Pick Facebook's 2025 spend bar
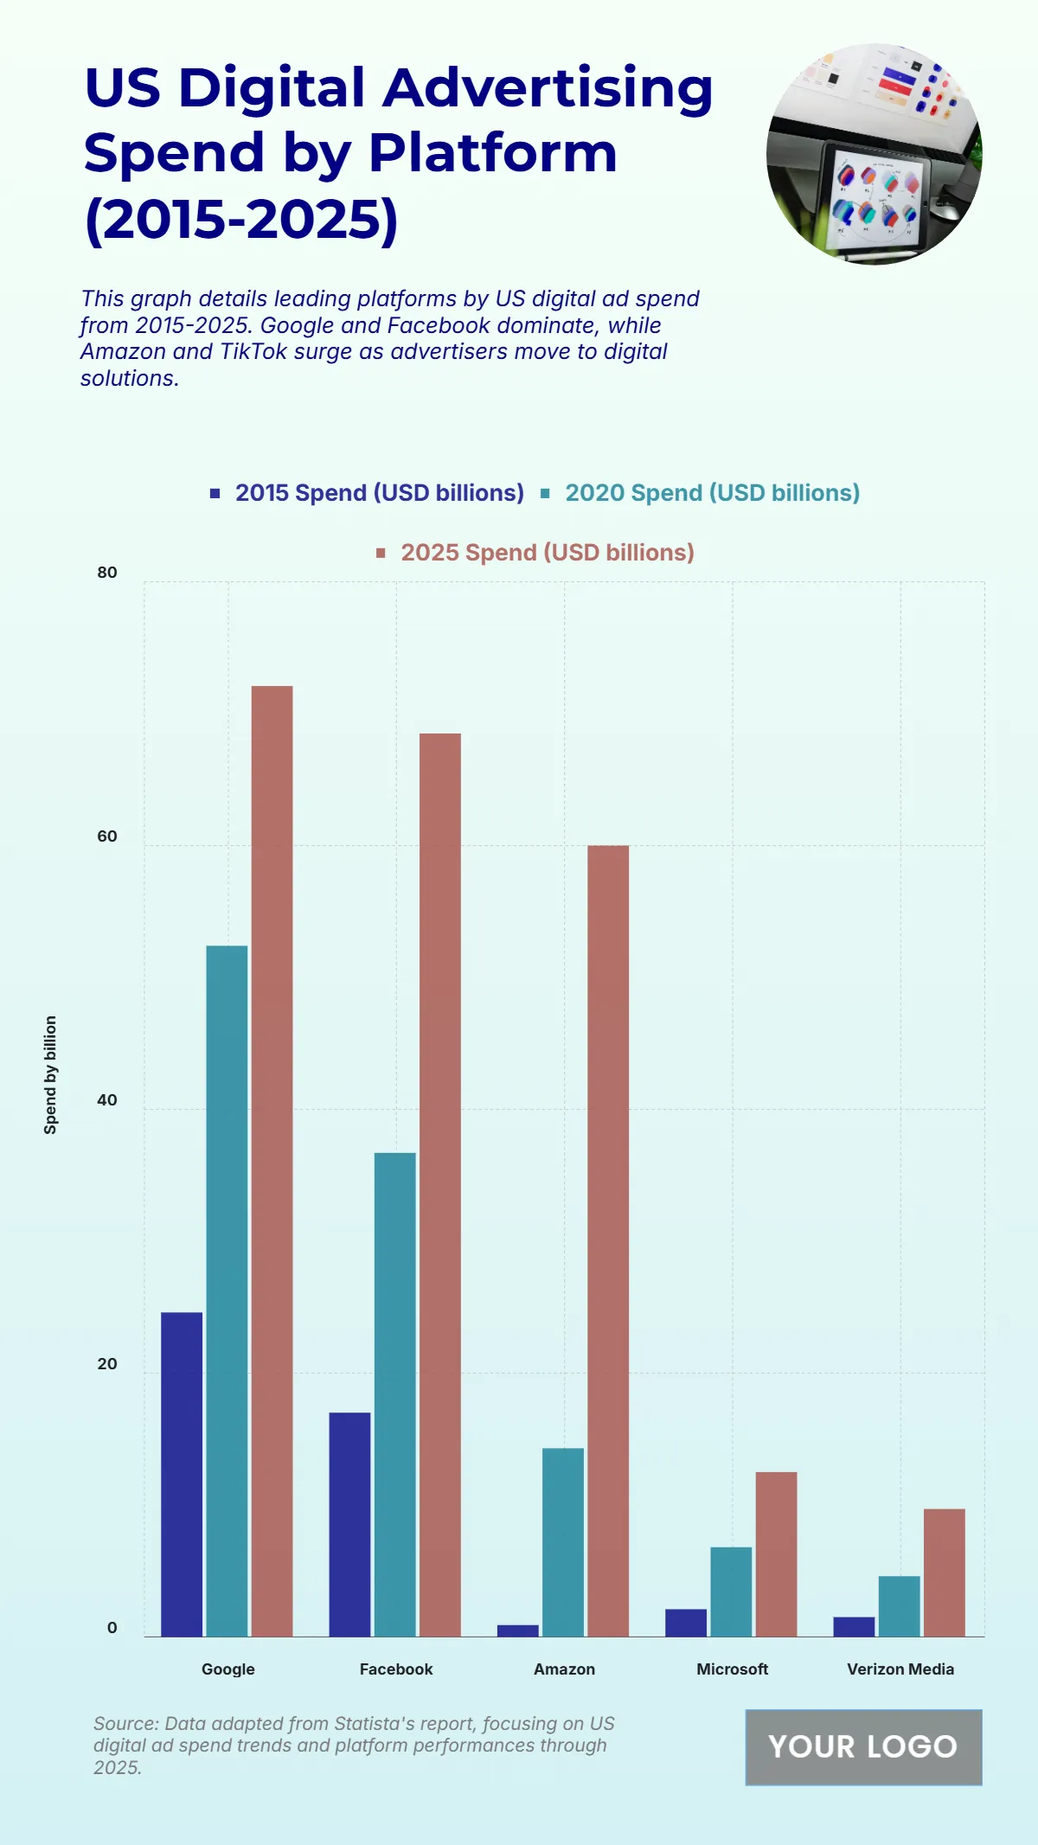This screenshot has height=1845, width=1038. coord(439,1185)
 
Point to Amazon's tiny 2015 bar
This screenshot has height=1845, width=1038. coord(517,1630)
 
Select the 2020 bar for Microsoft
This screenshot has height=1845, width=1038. coord(731,1592)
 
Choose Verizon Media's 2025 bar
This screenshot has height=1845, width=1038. coord(944,1573)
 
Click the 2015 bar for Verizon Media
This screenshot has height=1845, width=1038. coord(854,1626)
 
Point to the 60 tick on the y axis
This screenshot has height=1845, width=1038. coord(107,836)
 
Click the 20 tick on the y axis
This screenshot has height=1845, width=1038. coord(107,1364)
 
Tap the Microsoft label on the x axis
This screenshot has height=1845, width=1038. coord(732,1669)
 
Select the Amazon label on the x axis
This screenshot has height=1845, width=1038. coord(564,1669)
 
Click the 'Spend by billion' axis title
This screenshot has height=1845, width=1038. coord(50,1074)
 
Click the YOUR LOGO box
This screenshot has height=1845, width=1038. coord(863,1746)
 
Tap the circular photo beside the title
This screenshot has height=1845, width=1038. coord(874,154)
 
